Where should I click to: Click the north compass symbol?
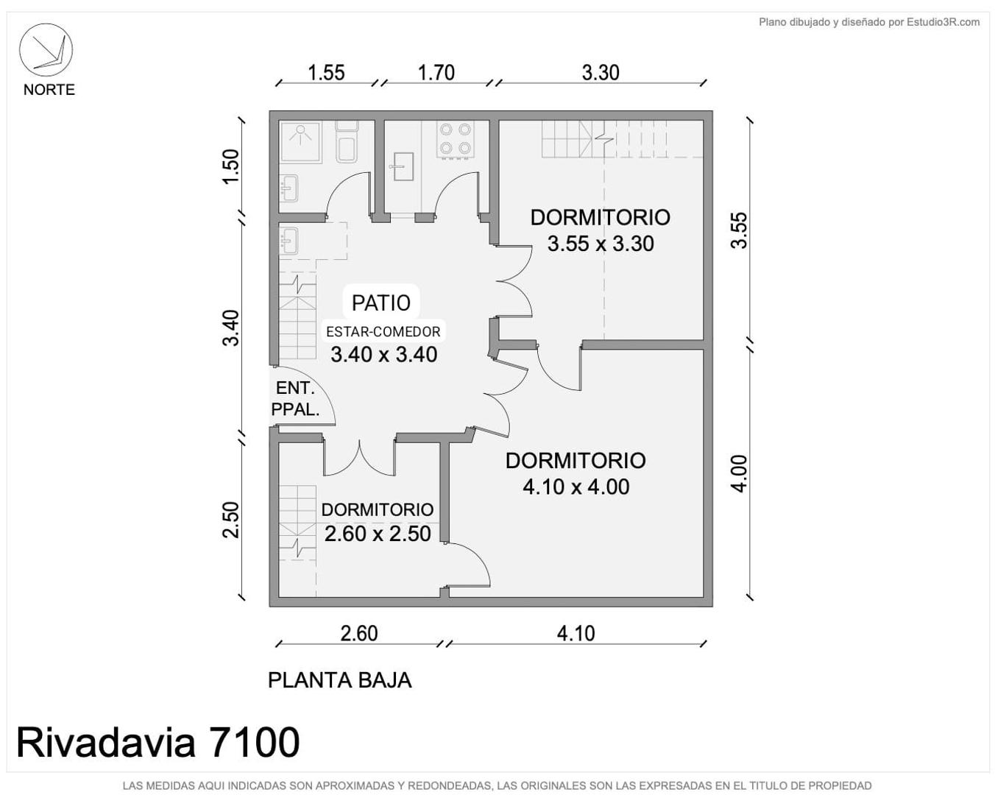46,50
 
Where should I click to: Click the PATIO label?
381,303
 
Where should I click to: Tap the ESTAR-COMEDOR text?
383,331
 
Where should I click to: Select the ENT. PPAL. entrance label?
295,399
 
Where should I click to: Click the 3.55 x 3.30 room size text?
601,244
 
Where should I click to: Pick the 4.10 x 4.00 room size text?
576,487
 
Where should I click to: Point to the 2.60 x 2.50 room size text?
378,534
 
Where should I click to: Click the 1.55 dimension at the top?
327,73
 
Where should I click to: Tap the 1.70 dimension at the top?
436,73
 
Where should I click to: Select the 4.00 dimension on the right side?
740,474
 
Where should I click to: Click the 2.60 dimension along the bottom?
359,634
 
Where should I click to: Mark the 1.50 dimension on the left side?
231,166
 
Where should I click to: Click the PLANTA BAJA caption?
340,681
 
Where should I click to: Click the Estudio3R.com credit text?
943,22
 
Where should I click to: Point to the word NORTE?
49,90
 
